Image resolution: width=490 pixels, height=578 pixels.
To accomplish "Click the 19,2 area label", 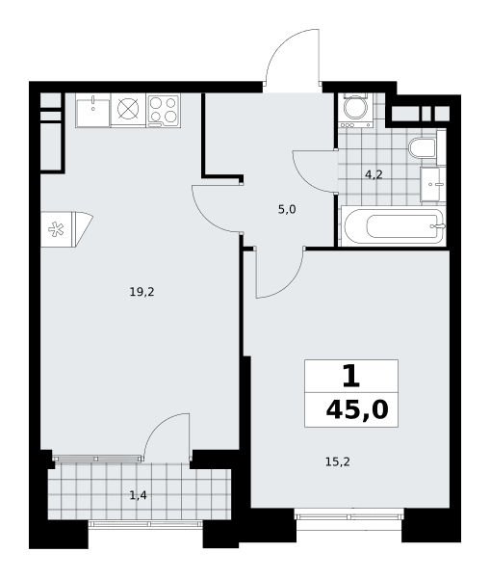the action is [x=142, y=292].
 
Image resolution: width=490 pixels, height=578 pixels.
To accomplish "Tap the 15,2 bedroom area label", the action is [x=338, y=461].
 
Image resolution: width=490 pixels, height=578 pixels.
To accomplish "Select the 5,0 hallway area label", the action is [x=287, y=210].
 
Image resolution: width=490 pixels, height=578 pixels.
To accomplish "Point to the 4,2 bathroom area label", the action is [x=374, y=174].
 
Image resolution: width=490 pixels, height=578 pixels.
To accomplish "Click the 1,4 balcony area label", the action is [x=139, y=495].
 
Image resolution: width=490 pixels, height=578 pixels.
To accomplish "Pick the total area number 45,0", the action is [x=357, y=410].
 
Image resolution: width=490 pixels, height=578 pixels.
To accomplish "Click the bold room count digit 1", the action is [x=350, y=376].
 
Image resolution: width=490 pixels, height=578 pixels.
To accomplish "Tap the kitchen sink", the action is [x=92, y=110].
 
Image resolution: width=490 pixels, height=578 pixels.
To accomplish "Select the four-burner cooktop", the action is [x=164, y=110].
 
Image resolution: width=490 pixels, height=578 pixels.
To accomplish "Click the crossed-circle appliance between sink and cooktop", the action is [x=128, y=109].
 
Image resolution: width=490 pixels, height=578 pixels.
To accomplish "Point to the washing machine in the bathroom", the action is [x=355, y=110].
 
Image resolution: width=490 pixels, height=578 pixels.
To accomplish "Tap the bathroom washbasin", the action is [x=433, y=184].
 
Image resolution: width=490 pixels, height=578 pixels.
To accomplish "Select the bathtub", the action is [x=394, y=225].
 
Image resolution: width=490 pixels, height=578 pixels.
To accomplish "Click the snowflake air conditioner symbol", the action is [x=57, y=229].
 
